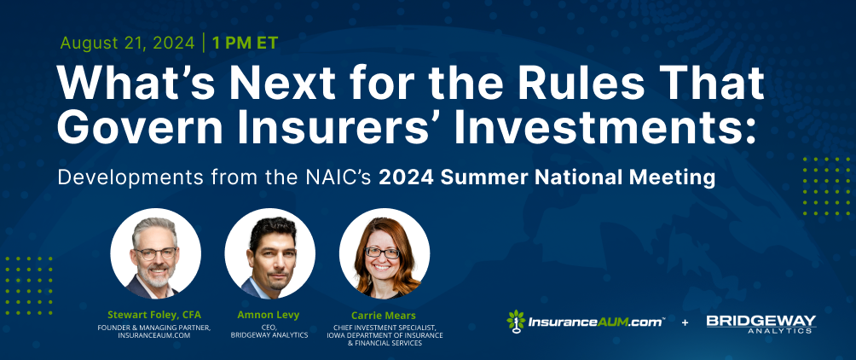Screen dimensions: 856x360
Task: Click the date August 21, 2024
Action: pyautogui.click(x=127, y=44)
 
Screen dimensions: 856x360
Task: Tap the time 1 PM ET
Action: pyautogui.click(x=245, y=44)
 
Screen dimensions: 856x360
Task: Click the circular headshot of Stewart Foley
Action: pyautogui.click(x=155, y=253)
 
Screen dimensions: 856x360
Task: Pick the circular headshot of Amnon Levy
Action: pyautogui.click(x=269, y=253)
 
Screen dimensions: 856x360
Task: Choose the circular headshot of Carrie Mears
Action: pyautogui.click(x=385, y=253)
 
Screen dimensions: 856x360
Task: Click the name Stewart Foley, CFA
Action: pyautogui.click(x=154, y=315)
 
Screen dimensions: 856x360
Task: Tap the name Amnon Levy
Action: pyautogui.click(x=269, y=315)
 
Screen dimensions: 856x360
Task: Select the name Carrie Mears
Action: pyautogui.click(x=384, y=315)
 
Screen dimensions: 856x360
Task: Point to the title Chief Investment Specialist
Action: pyautogui.click(x=385, y=328)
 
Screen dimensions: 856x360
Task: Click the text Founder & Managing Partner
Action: pyautogui.click(x=154, y=328)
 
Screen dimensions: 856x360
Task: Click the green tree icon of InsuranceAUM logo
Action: pyautogui.click(x=516, y=322)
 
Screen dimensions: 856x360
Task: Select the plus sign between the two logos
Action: pyautogui.click(x=685, y=322)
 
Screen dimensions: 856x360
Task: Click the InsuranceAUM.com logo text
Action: pyautogui.click(x=596, y=322)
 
